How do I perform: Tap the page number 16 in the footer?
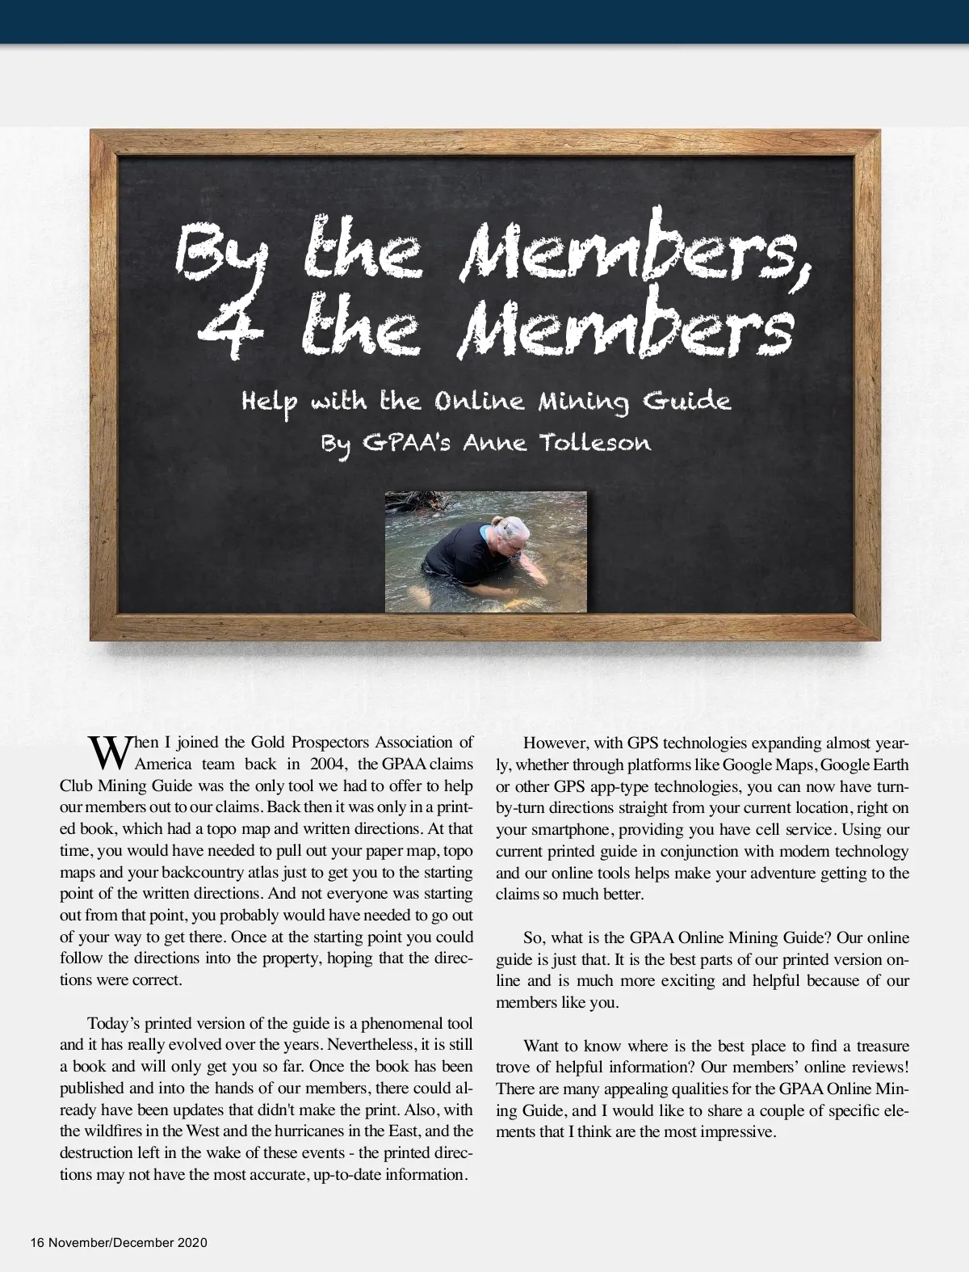36,1242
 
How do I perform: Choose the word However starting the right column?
554,743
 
